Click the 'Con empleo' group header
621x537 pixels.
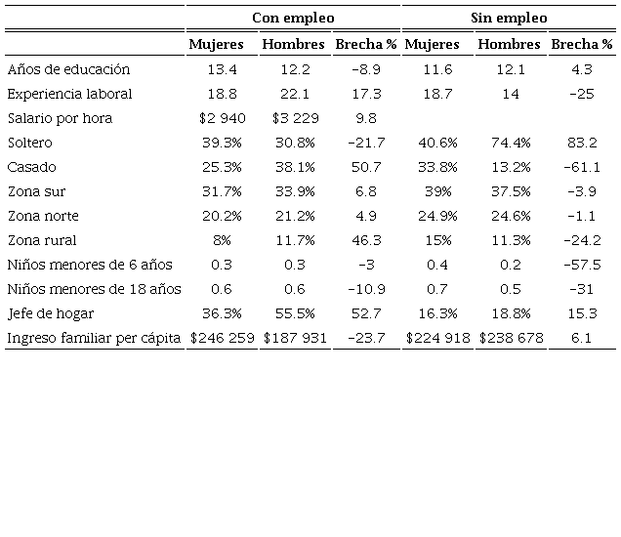pyautogui.click(x=292, y=17)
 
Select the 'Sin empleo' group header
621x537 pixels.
pyautogui.click(x=509, y=17)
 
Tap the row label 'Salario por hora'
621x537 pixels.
pyautogui.click(x=60, y=118)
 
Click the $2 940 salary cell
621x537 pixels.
pyautogui.click(x=223, y=118)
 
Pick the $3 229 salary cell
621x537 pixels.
pyautogui.click(x=293, y=118)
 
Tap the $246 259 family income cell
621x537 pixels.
pyautogui.click(x=223, y=338)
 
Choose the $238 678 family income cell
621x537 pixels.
pyautogui.click(x=509, y=338)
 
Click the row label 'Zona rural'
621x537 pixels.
pyautogui.click(x=42, y=240)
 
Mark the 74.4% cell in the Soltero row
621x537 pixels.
pyautogui.click(x=509, y=143)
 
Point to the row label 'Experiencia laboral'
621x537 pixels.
pyautogui.click(x=69, y=94)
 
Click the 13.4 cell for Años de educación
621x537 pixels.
pyautogui.click(x=223, y=69)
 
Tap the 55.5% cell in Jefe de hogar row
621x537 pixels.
pyautogui.click(x=293, y=313)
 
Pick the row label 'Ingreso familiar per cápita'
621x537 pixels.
pyautogui.click(x=94, y=338)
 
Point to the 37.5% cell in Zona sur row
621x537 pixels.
pyautogui.click(x=509, y=191)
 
